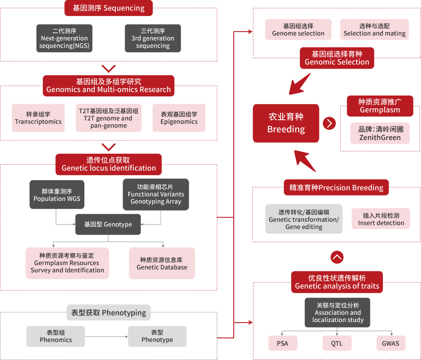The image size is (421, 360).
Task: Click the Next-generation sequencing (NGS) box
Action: [64, 38]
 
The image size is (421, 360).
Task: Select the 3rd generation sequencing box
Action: [153, 38]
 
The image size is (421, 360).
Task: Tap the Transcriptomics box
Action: [38, 118]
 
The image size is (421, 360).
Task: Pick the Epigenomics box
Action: [179, 118]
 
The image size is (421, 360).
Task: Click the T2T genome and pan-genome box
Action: [108, 118]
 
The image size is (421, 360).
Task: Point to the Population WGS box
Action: [57, 195]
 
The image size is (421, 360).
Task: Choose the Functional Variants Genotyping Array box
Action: [156, 195]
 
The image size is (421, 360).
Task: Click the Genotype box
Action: [108, 224]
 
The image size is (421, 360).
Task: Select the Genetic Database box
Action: [162, 263]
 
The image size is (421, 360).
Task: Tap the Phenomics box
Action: [56, 336]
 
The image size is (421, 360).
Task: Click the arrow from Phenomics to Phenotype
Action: [106, 337]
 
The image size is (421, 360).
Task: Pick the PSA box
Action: [283, 343]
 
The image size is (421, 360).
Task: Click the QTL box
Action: [337, 343]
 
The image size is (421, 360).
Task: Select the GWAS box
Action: [391, 343]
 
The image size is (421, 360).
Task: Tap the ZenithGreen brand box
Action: [380, 133]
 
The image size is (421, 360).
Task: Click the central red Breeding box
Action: [286, 123]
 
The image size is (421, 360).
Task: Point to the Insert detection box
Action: [381, 219]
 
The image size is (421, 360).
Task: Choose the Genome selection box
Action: [298, 30]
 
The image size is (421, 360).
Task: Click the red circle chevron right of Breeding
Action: [329, 123]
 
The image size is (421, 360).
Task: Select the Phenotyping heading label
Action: [108, 312]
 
